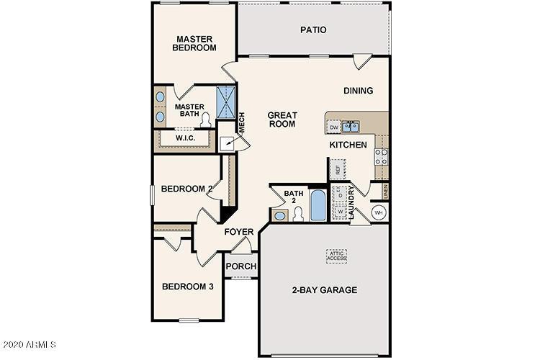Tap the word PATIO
point(313,30)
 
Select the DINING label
point(358,91)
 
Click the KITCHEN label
point(348,145)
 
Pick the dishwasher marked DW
point(334,127)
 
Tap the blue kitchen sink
point(352,127)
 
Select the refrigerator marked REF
point(336,170)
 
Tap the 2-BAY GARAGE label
point(324,290)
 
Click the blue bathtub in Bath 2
point(318,205)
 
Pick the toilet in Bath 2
point(297,213)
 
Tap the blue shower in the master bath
point(226,102)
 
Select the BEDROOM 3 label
point(187,287)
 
